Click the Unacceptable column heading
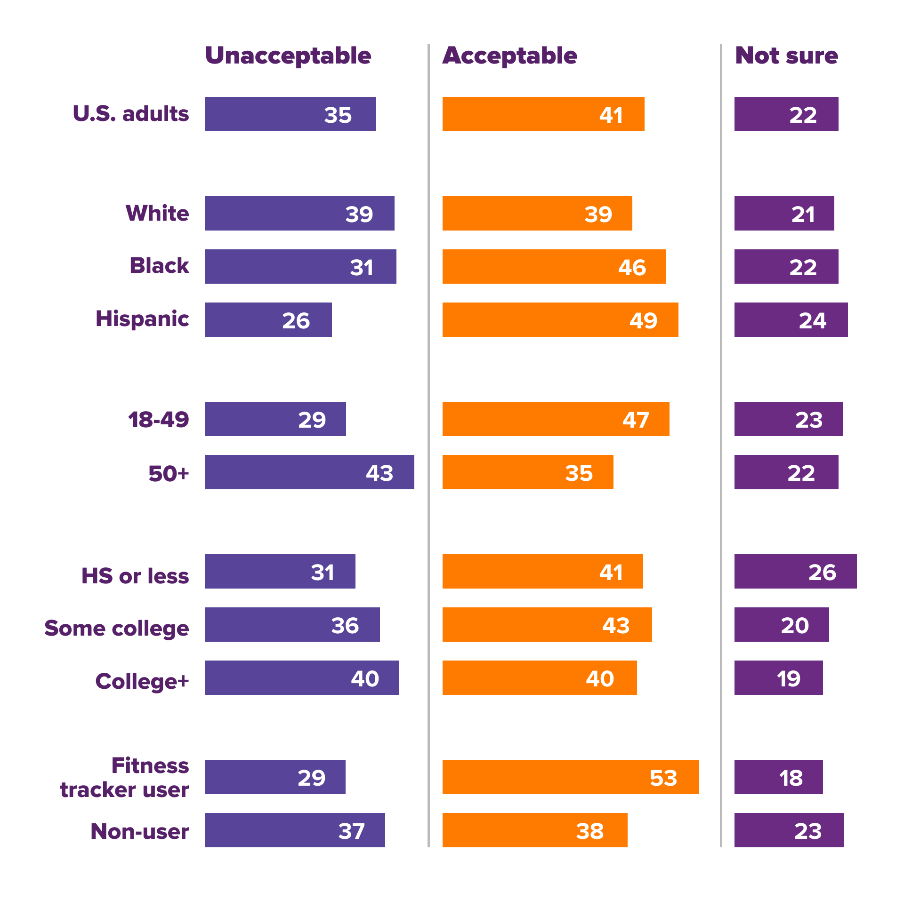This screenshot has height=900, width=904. tap(288, 56)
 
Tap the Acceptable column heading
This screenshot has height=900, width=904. tap(510, 56)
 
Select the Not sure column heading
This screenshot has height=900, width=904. tap(786, 56)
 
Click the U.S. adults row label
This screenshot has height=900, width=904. tap(131, 114)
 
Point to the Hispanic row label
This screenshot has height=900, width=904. tap(142, 319)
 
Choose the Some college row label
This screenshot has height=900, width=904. tap(117, 629)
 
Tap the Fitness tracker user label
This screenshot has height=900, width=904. tap(125, 777)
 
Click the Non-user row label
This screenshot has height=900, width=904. tap(140, 831)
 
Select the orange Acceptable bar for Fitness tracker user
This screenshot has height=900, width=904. tap(571, 777)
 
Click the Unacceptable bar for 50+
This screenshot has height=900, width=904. tap(309, 472)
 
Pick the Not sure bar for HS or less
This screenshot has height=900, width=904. tap(795, 571)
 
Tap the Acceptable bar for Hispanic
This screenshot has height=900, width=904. tap(560, 319)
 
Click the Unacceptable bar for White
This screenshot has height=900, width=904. tap(299, 213)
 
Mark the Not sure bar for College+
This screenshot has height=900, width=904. tap(778, 677)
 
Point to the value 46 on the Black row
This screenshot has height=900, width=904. tap(632, 267)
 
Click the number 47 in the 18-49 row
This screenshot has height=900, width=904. tap(636, 420)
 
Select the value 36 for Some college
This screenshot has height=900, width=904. tap(345, 626)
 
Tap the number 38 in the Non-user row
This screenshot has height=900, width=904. tap(590, 831)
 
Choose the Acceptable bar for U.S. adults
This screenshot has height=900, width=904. tap(543, 114)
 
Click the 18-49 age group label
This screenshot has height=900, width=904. tap(159, 420)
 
